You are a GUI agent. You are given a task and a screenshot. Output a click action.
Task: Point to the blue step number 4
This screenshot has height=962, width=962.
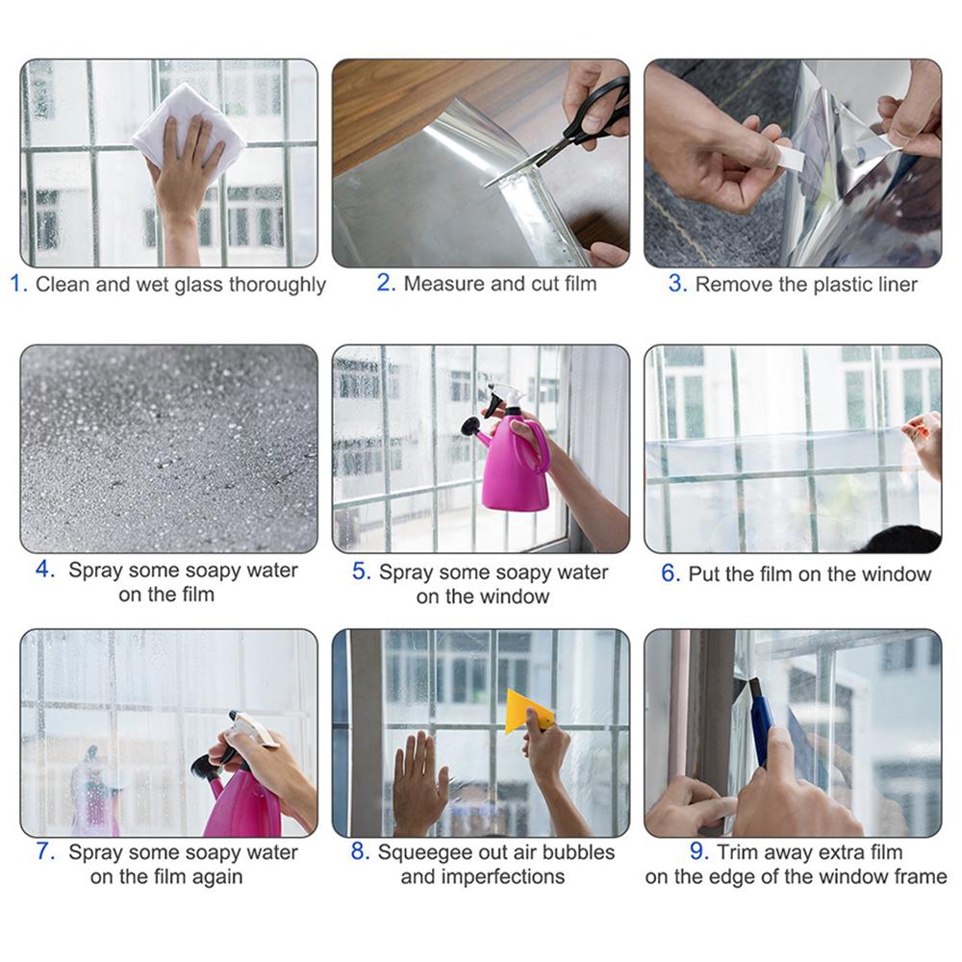[x=44, y=570]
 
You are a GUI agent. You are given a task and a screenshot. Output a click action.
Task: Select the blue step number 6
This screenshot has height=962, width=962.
[x=670, y=574]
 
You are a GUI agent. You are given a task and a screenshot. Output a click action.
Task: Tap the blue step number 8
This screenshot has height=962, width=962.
[x=359, y=852]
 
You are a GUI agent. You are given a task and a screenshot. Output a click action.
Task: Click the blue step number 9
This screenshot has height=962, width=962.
[x=699, y=852]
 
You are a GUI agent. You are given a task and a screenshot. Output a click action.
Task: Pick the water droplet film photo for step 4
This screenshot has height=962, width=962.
[x=168, y=448]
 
